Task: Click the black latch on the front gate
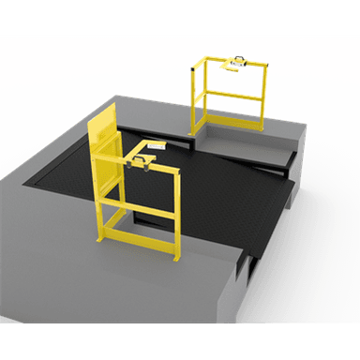[x=142, y=160]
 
